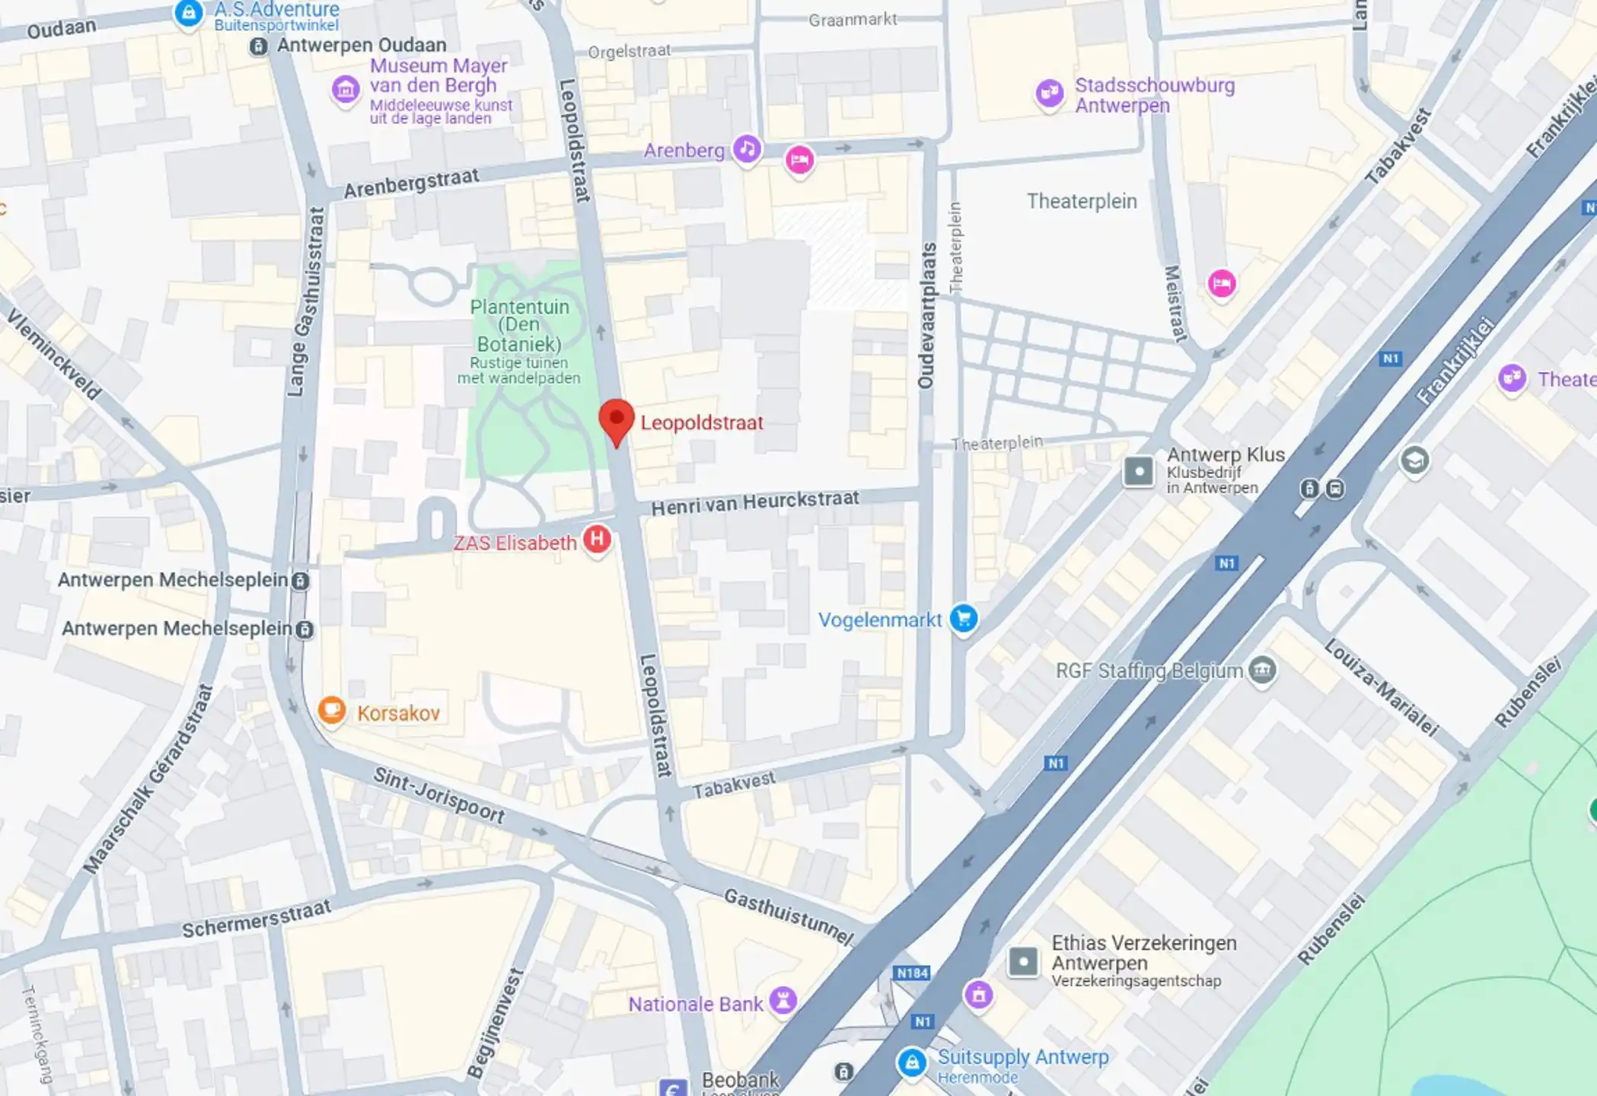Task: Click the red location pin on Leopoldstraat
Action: (x=617, y=421)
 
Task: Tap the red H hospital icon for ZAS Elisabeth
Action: (x=597, y=539)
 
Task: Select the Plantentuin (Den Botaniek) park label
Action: (x=519, y=326)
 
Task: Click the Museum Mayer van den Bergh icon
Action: (x=346, y=89)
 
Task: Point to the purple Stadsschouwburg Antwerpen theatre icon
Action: (x=1050, y=93)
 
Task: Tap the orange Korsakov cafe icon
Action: (x=331, y=710)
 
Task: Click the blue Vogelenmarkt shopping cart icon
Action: (x=964, y=618)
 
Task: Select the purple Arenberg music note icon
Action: (x=747, y=148)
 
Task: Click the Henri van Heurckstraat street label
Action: (x=754, y=502)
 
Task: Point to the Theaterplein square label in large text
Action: (x=1082, y=201)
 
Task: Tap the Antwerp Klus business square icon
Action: (x=1139, y=471)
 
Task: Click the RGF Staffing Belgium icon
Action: (x=1262, y=670)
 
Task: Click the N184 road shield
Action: (x=912, y=973)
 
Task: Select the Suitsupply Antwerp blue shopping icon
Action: (x=912, y=1062)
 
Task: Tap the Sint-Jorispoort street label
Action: (x=439, y=796)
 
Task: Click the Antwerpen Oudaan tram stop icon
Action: (x=259, y=46)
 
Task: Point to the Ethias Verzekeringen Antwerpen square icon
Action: (x=1023, y=962)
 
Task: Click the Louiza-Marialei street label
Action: (x=1381, y=688)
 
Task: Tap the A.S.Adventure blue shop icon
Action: (x=188, y=13)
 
